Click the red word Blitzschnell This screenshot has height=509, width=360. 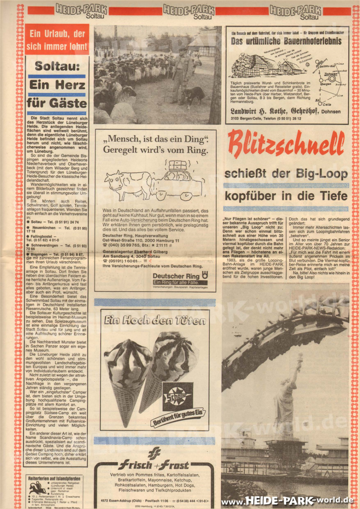point(286,144)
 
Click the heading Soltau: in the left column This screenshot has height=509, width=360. point(57,66)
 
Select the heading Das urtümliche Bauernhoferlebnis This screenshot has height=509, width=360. point(286,41)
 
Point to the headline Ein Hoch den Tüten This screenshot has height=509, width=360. point(155,320)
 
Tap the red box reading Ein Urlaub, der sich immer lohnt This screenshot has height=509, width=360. point(57,39)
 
